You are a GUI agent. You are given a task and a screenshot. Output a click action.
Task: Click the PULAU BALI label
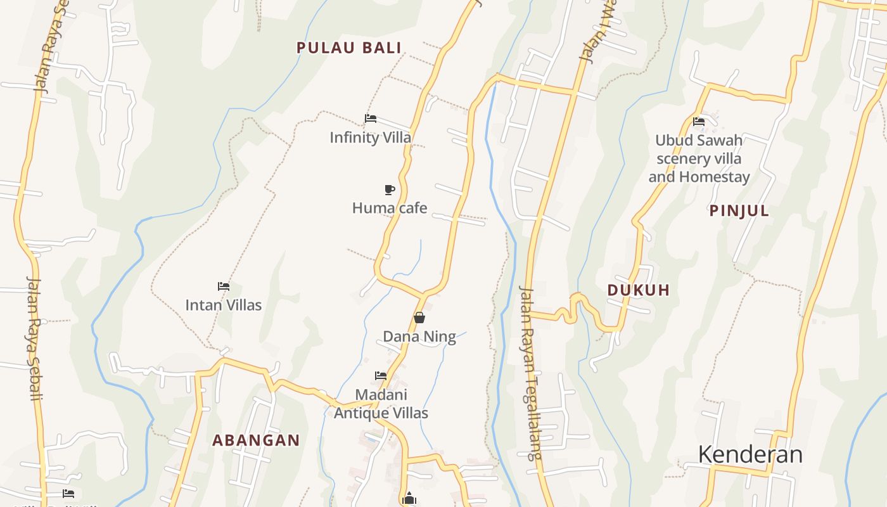[349, 48]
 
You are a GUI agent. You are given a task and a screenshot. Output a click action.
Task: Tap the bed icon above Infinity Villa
[371, 119]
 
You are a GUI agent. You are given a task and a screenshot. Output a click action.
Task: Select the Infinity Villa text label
[370, 138]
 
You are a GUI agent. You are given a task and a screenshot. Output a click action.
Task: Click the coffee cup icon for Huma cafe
[390, 189]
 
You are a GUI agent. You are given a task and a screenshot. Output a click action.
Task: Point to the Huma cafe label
[390, 208]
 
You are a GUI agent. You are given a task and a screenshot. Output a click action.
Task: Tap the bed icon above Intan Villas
[223, 286]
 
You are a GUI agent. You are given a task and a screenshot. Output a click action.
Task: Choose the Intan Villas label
[223, 305]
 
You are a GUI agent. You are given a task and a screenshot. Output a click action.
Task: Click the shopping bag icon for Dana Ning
[419, 318]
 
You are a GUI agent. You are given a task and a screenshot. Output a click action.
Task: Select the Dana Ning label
[419, 337]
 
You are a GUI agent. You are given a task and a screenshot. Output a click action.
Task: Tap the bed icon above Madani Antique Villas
[381, 376]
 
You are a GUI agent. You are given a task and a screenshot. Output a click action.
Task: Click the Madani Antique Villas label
[381, 404]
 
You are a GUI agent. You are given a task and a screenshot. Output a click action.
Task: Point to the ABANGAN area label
[256, 440]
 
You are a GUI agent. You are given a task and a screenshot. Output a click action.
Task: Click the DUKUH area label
[639, 290]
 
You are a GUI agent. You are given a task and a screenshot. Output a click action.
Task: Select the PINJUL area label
[739, 211]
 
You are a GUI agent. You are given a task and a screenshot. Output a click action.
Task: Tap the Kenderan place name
[750, 454]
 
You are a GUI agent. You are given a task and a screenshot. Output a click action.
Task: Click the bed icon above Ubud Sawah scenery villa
[699, 122]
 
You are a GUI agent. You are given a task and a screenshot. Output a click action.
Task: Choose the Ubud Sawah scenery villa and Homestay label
[699, 158]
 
